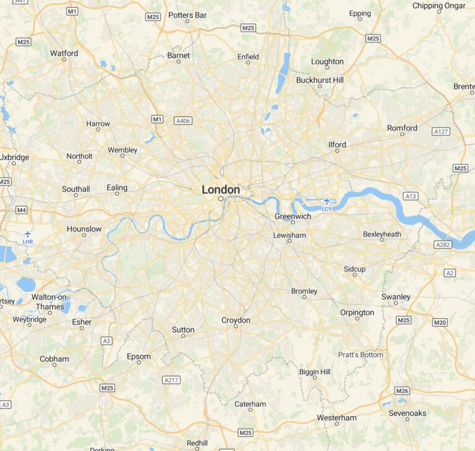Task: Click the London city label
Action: point(221,189)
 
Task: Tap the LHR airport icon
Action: point(27,234)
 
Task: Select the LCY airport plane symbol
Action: point(327,201)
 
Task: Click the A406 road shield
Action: point(183,121)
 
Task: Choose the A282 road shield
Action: point(443,245)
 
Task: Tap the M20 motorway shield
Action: point(440,322)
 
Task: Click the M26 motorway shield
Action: point(402,390)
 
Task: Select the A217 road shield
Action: point(171,379)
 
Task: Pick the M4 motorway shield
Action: point(22,210)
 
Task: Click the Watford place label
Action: point(64,53)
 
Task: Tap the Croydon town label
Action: point(236,320)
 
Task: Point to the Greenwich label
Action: point(293,216)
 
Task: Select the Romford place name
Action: point(402,128)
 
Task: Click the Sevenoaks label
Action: point(407,413)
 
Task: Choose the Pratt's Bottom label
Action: point(361,354)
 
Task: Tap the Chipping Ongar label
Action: point(439,6)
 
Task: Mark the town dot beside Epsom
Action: point(139,363)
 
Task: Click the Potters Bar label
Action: point(187,15)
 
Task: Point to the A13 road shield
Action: point(410,196)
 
